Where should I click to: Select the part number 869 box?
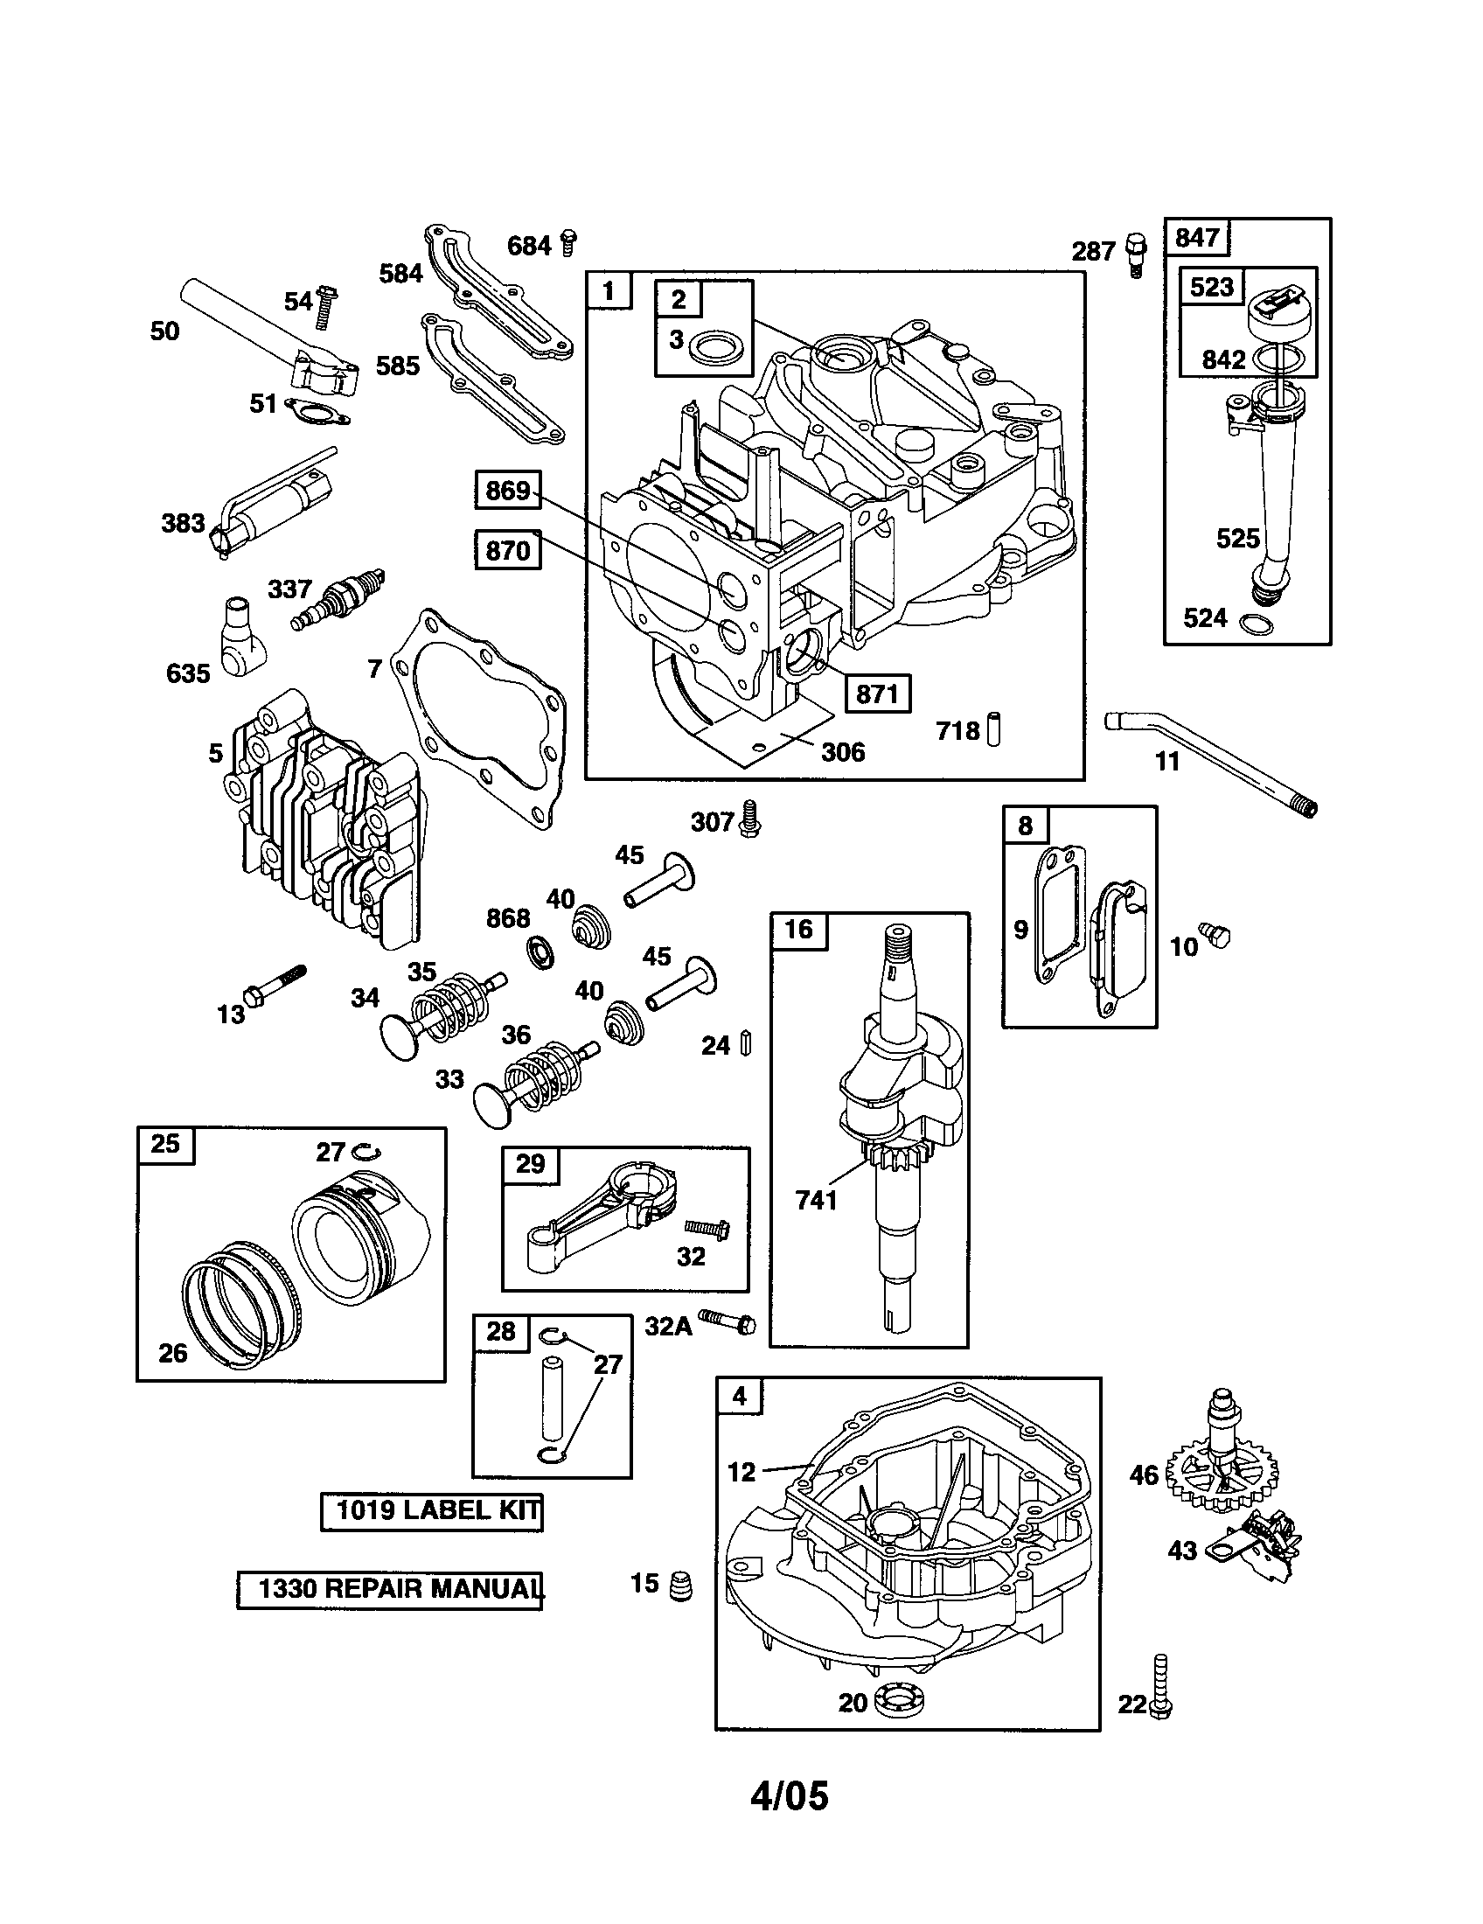click(x=507, y=491)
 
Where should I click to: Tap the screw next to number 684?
click(x=569, y=242)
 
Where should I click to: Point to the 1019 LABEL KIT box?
click(x=431, y=1510)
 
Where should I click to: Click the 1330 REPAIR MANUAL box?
click(x=390, y=1588)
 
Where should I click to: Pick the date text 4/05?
click(x=789, y=1795)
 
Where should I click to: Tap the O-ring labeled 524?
click(x=1255, y=624)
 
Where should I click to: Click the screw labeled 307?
click(x=750, y=818)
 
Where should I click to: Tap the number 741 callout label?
click(x=816, y=1200)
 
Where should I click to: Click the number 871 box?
click(x=877, y=694)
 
